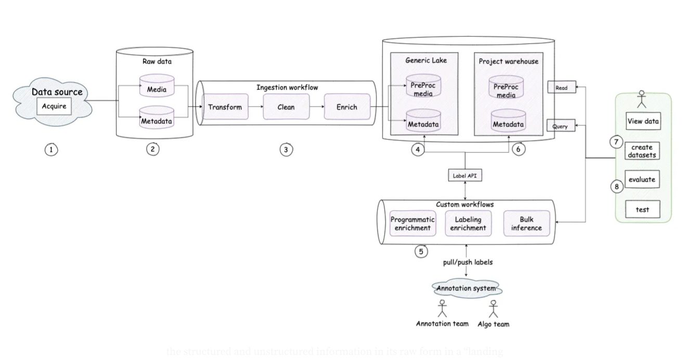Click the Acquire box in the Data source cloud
55,107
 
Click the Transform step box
225,107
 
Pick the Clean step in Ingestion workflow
286,107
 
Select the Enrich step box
347,107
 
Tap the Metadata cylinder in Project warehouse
508,123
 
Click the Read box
561,88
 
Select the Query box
560,126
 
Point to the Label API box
464,176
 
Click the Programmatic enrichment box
412,224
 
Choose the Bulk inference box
526,224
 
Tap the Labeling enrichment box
468,224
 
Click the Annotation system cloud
466,288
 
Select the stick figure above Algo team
494,309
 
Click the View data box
643,122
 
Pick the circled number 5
421,251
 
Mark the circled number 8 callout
617,186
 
